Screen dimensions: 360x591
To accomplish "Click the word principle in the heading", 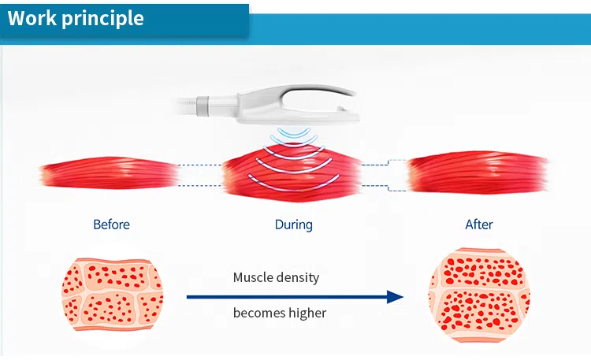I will point(103,18).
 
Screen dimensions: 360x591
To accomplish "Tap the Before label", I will point(111,225).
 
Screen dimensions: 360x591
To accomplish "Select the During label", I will point(293,225).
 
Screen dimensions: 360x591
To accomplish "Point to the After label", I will point(478,225).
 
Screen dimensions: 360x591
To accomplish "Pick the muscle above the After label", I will point(478,173).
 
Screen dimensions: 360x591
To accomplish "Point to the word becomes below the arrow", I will point(259,313).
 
